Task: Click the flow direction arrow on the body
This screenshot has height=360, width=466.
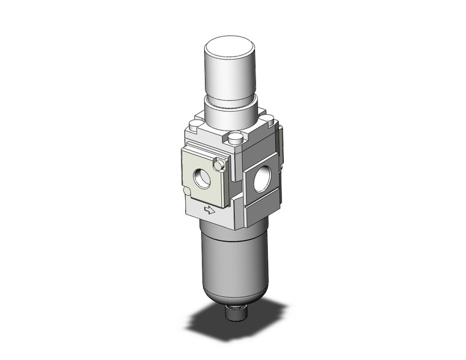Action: [210, 212]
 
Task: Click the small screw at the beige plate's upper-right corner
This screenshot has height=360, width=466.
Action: [218, 164]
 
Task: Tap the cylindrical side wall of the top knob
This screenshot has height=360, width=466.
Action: [229, 77]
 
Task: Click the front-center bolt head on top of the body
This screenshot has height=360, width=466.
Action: [235, 140]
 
